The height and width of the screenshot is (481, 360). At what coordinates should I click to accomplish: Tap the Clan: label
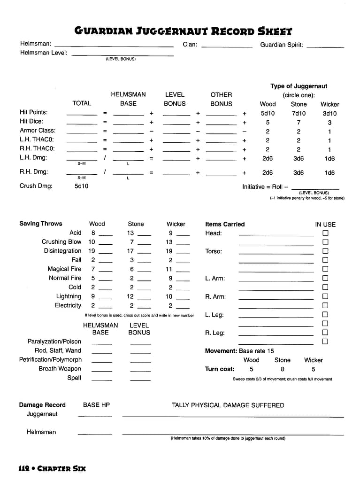pos(190,45)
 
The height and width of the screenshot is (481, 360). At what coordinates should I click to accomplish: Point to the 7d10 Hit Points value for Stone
pos(299,113)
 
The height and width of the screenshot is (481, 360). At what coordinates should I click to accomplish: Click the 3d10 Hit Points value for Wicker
pos(329,113)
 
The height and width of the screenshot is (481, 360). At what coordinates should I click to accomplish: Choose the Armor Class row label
pos(38,131)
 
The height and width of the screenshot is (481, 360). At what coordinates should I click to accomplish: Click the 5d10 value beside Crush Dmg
pos(81,186)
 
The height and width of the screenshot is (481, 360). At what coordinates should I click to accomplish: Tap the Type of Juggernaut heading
pos(299,86)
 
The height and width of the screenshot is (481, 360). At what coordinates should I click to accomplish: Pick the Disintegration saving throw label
pos(62,251)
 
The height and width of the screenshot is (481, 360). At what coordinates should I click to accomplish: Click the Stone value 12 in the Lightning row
pos(130,296)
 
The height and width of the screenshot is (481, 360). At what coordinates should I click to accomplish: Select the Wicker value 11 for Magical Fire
pos(169,269)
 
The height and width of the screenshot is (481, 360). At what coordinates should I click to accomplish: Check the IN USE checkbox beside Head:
pos(325,233)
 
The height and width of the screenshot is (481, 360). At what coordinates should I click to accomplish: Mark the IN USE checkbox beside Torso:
pos(325,251)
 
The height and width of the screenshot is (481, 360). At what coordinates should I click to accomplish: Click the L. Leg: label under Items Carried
pos(214,315)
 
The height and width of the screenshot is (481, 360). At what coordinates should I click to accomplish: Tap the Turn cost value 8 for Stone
pos(283,369)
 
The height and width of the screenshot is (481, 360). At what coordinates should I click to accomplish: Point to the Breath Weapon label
pos(60,369)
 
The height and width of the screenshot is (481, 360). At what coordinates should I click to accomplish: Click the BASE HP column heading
pos(96,405)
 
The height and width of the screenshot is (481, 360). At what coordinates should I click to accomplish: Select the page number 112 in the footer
pos(24,468)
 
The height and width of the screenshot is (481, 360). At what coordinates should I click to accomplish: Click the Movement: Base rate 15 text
pos(239,351)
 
